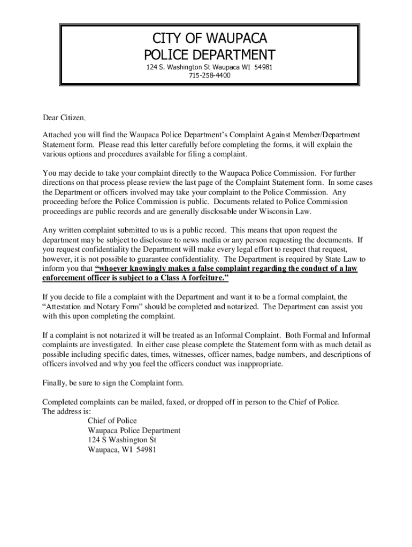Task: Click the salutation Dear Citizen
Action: pyautogui.click(x=64, y=118)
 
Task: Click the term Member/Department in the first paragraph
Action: pyautogui.click(x=326, y=135)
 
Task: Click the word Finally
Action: pyautogui.click(x=55, y=383)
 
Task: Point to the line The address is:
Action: pyautogui.click(x=67, y=411)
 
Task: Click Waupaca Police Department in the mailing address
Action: pyautogui.click(x=134, y=431)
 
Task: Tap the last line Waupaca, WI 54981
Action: pyautogui.click(x=122, y=450)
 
